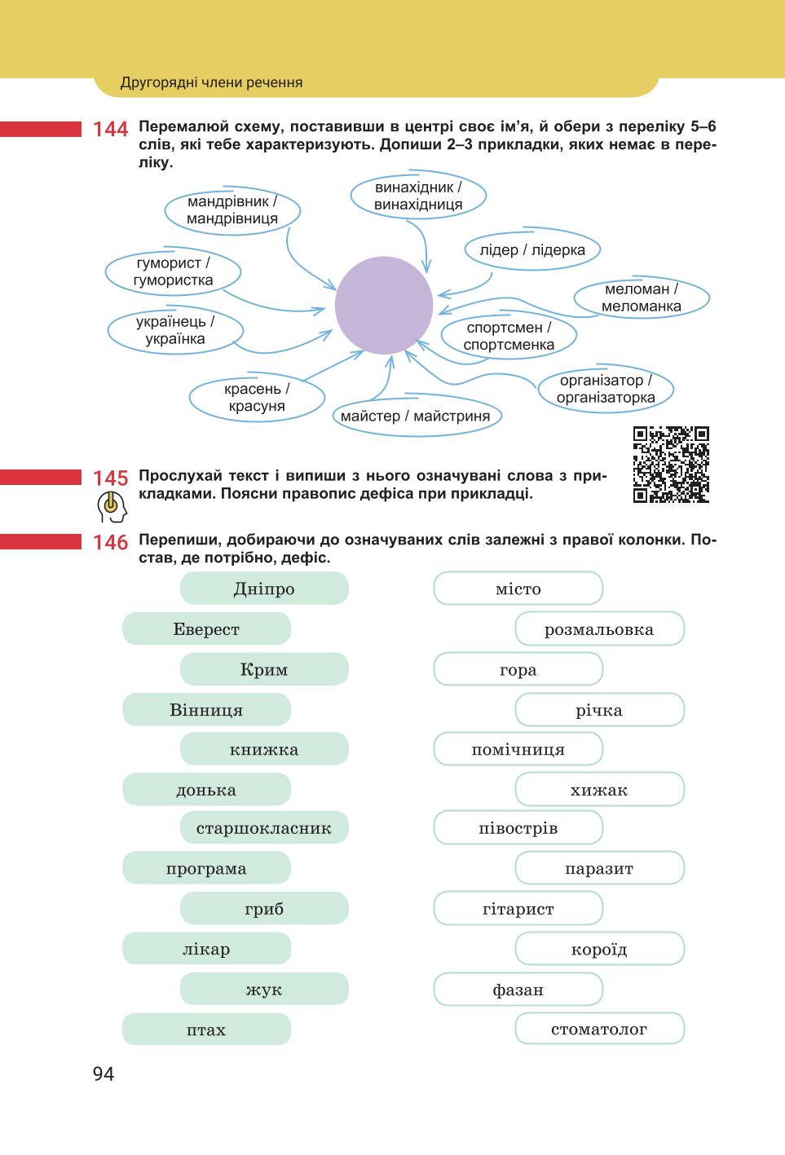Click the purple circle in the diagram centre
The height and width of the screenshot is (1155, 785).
[x=384, y=305]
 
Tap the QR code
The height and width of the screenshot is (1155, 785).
[x=671, y=464]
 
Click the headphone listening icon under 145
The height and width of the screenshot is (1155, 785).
[x=112, y=506]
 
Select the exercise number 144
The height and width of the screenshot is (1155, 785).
[x=110, y=129]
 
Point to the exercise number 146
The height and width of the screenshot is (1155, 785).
[x=110, y=542]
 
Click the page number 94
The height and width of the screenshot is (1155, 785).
[x=104, y=1074]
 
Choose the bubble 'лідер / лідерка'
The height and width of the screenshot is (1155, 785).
[x=533, y=249]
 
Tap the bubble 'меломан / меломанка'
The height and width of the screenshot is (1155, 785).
[x=642, y=298]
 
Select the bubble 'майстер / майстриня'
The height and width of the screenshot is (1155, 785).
[x=416, y=415]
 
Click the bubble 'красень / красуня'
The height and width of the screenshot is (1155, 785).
[x=257, y=397]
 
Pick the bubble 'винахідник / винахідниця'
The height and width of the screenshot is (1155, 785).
[x=418, y=196]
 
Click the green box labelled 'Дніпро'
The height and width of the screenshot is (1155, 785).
[x=264, y=589]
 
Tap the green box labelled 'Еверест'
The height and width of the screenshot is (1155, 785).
[x=206, y=628]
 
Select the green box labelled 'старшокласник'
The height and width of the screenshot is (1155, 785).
[x=264, y=827]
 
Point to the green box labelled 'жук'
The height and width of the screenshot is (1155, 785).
[x=264, y=989]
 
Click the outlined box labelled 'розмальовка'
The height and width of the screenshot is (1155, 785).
[x=599, y=628]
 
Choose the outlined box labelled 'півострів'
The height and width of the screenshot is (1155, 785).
[x=518, y=827]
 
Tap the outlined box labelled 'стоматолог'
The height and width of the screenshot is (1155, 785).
[x=599, y=1029]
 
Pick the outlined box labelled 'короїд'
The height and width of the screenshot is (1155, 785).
[x=599, y=949]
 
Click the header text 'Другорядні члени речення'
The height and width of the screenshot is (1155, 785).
[x=211, y=82]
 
